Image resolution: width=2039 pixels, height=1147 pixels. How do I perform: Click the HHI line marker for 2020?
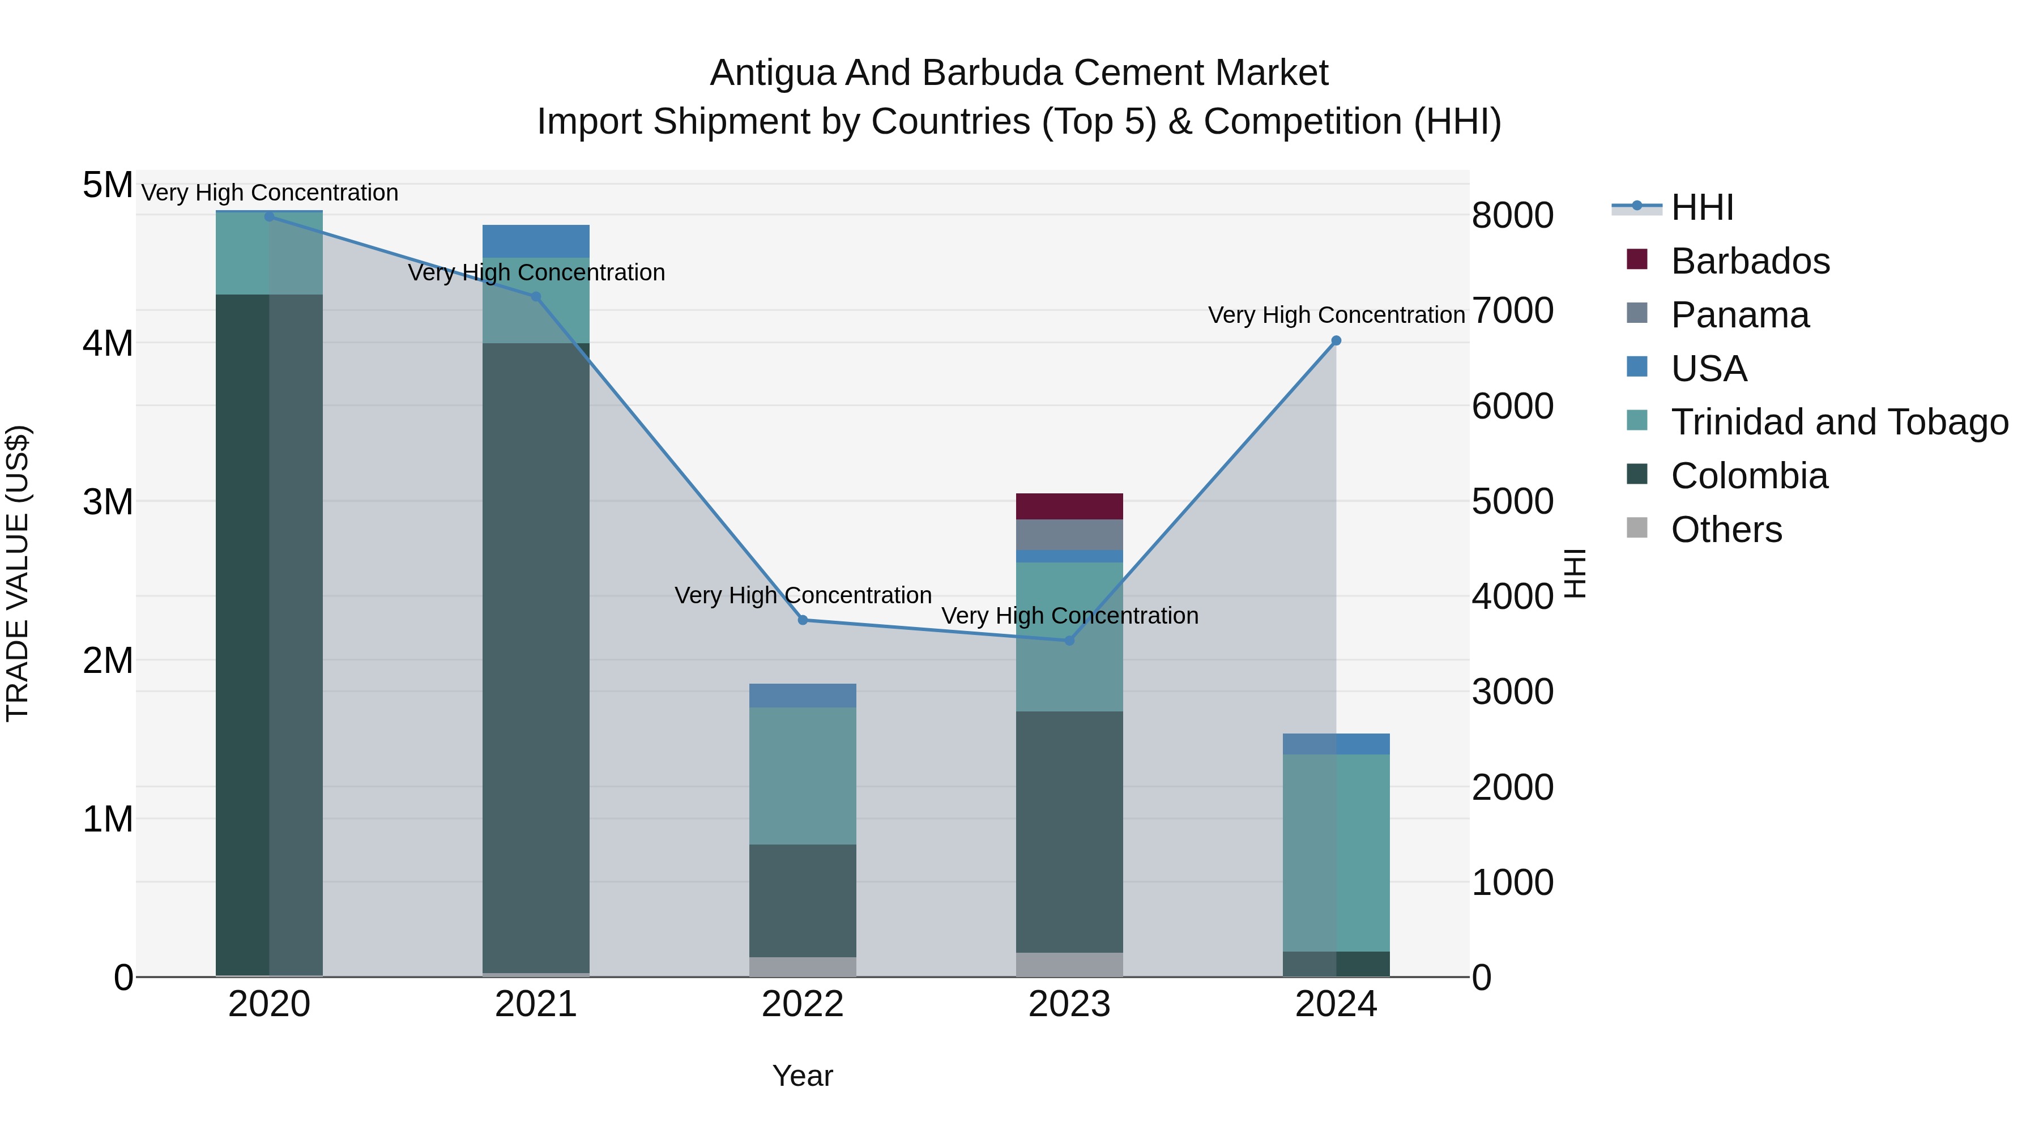click(x=269, y=216)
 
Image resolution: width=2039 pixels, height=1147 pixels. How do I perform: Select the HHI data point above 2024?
click(x=1336, y=340)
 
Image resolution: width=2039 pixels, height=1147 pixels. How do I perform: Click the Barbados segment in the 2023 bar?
click(x=1069, y=506)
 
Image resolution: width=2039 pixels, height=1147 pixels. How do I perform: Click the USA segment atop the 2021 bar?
click(x=536, y=241)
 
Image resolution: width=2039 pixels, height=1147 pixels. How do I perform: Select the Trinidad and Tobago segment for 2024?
click(x=1336, y=852)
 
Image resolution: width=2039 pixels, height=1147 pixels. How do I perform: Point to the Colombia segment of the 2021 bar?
click(x=536, y=657)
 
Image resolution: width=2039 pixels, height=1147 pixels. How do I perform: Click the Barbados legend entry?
click(x=1750, y=261)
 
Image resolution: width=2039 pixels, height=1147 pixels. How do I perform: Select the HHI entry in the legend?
click(x=1702, y=207)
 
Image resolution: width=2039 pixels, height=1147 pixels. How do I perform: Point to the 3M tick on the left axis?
click(x=108, y=502)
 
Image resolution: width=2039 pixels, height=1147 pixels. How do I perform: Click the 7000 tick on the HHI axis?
click(x=1512, y=310)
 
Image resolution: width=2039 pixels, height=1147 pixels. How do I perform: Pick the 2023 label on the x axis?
click(x=1069, y=1004)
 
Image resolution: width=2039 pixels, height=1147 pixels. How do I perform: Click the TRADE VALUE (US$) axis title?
click(x=18, y=573)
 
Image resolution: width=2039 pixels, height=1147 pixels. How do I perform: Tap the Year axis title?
click(x=803, y=1076)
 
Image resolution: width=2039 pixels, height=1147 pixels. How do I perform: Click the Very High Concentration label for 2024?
click(x=1336, y=315)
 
